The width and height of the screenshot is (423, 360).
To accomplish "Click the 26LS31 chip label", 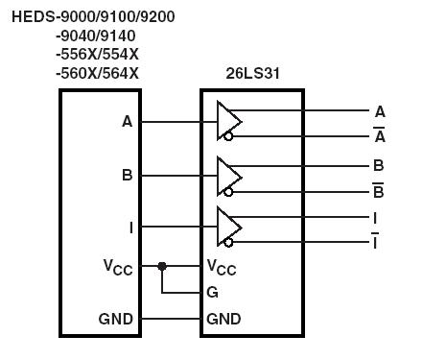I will tap(251, 73).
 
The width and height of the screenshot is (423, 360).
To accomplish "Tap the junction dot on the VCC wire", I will tap(163, 266).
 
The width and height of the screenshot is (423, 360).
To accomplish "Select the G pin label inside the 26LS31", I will tap(212, 293).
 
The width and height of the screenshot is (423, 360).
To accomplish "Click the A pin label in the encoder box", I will tap(128, 122).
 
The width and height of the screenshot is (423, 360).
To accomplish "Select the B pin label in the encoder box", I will tap(128, 176).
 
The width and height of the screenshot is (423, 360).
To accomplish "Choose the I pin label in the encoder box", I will tap(130, 228).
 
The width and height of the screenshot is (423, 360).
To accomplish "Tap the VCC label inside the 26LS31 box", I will tap(222, 267).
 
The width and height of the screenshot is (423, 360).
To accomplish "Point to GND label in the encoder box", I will tap(116, 319).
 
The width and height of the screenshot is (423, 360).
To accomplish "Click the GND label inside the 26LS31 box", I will tap(223, 319).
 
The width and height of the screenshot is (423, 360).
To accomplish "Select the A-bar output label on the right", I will tap(380, 135).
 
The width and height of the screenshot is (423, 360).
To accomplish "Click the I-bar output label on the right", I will tap(375, 241).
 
